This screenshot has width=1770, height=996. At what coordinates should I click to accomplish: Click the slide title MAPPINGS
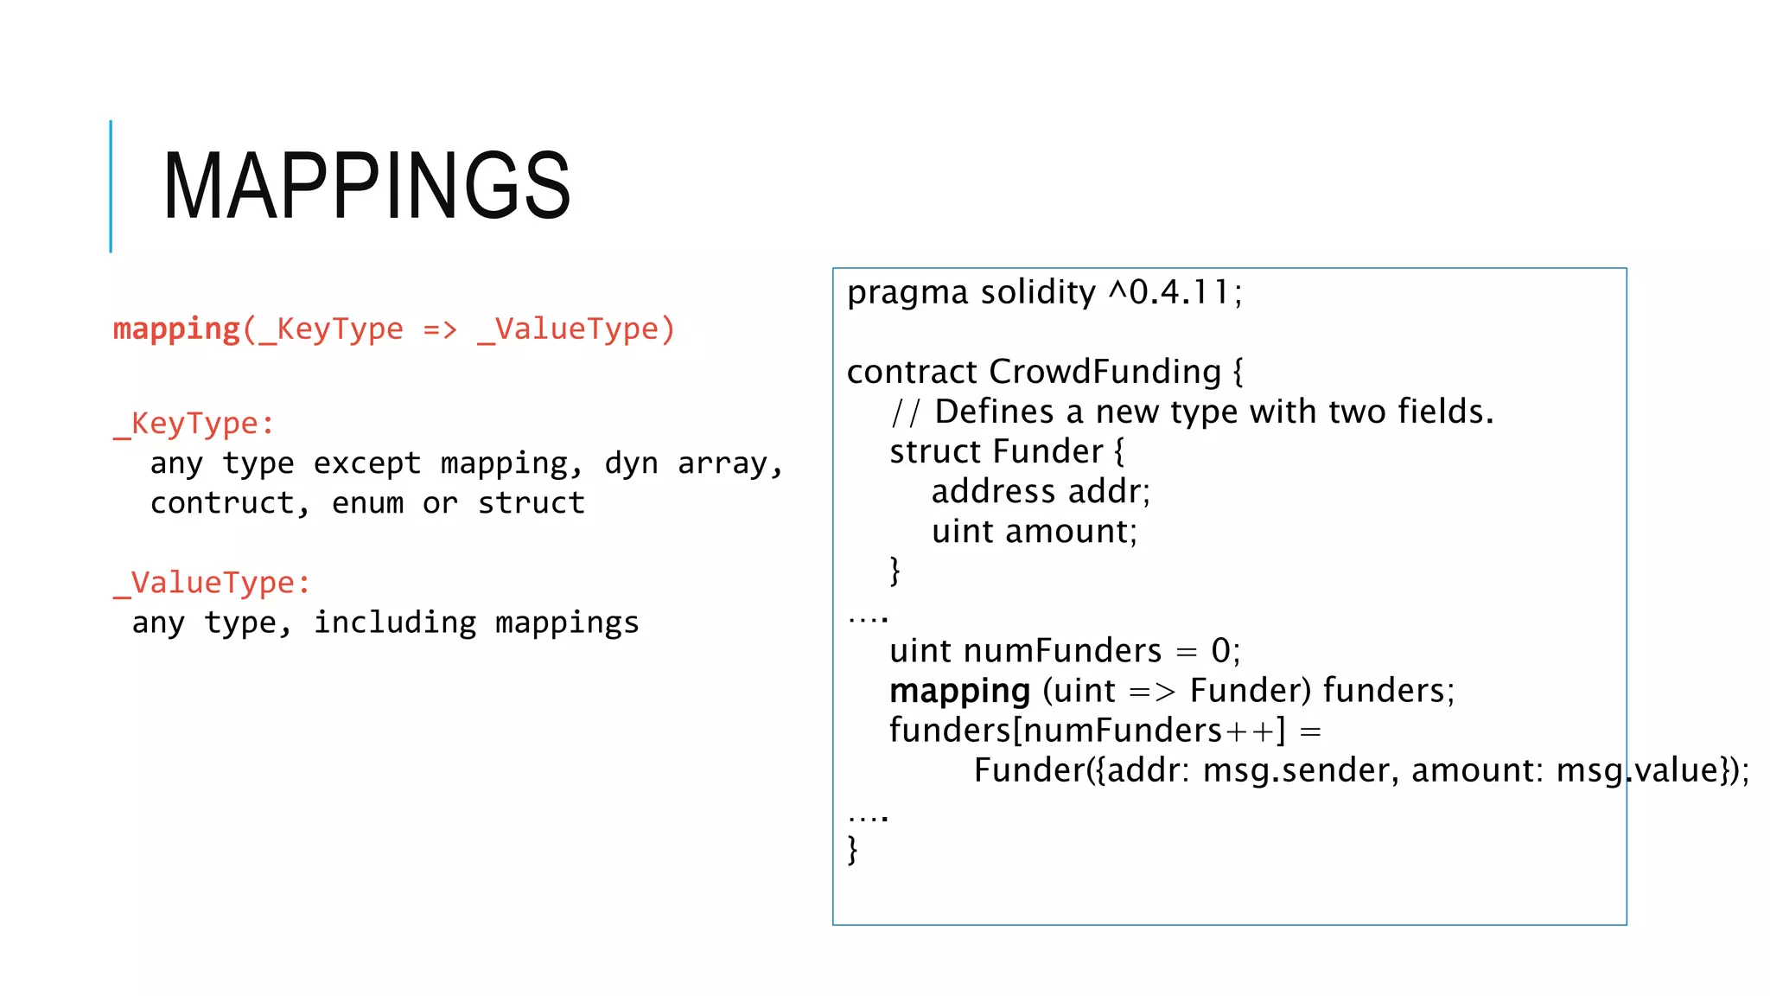coord(366,185)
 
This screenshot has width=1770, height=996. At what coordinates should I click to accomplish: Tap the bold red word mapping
coord(176,329)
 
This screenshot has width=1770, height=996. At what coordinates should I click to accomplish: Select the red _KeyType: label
coord(194,424)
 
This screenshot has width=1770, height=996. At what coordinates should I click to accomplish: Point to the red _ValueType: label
coord(212,583)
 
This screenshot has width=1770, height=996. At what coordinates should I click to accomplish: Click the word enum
coord(367,503)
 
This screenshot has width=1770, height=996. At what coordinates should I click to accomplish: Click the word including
coord(394,622)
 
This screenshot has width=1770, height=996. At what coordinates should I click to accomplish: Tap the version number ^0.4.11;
coord(1175,292)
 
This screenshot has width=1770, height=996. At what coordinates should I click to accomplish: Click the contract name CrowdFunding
coord(1105,372)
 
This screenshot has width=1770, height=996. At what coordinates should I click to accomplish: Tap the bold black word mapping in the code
coord(959,692)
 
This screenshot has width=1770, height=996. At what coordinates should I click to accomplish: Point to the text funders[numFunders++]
coord(1087,731)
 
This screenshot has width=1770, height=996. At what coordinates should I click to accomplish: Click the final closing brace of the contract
coord(853,850)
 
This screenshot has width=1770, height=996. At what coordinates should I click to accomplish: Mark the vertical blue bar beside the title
coord(111,186)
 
